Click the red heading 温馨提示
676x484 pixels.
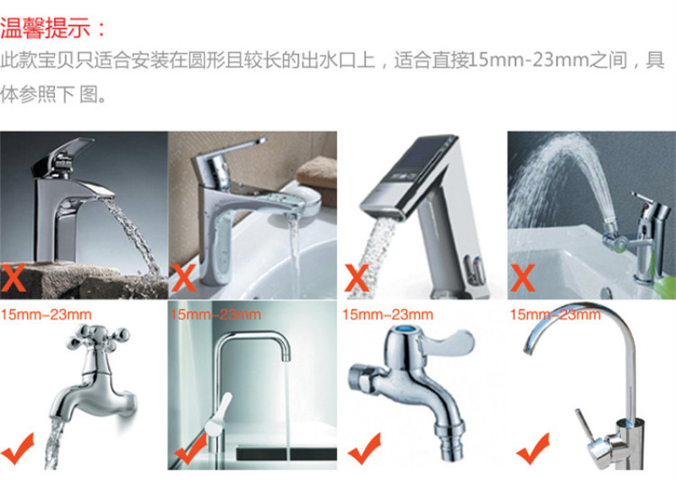click(x=46, y=28)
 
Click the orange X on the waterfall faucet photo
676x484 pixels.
click(x=13, y=278)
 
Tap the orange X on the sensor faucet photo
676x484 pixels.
click(x=357, y=278)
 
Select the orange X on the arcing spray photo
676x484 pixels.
click(x=522, y=278)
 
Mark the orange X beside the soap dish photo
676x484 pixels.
click(x=183, y=278)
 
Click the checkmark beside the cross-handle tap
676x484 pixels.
click(x=18, y=449)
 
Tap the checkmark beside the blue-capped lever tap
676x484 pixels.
click(x=365, y=449)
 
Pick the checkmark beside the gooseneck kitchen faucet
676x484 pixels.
click(x=533, y=449)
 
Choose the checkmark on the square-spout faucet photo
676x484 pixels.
click(x=190, y=449)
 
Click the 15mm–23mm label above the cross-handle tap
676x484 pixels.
click(x=46, y=314)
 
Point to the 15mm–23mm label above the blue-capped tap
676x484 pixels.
click(x=388, y=314)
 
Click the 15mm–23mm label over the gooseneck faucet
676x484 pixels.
click(x=555, y=314)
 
